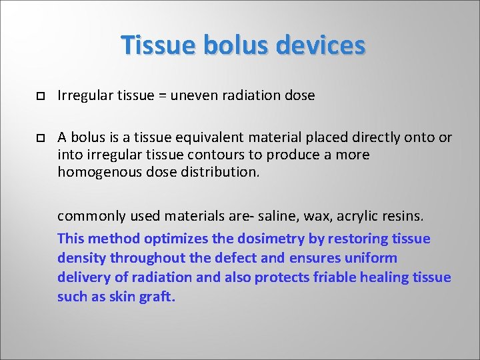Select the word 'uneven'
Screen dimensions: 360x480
coord(193,95)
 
